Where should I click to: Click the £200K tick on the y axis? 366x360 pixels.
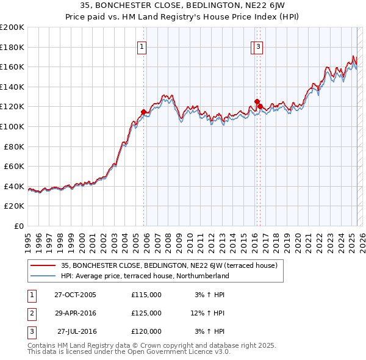12,27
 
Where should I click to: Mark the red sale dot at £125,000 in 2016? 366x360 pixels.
257,102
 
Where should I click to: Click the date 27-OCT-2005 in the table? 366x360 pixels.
75,295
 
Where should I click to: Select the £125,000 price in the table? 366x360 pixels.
146,313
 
